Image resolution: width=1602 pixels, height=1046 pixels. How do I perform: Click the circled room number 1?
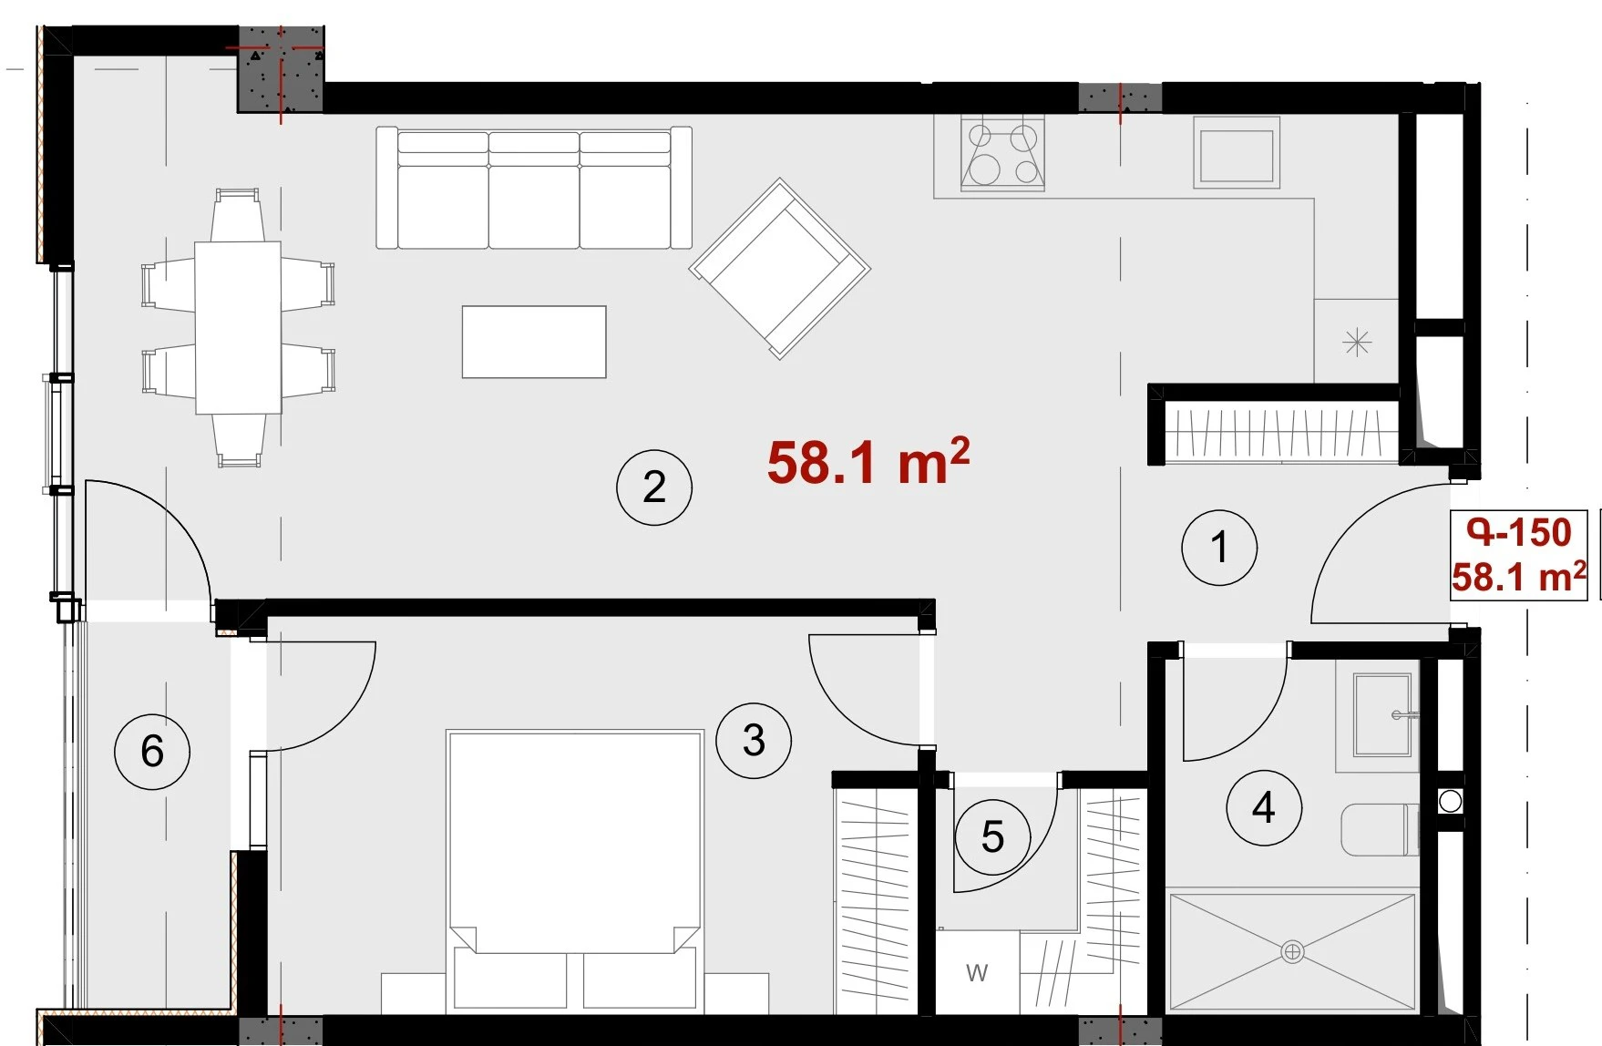point(1219,548)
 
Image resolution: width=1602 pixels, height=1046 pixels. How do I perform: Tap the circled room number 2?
point(654,487)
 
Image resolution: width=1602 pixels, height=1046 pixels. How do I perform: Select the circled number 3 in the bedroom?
point(754,740)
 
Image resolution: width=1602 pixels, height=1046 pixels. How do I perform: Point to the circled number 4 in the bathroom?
point(1264,807)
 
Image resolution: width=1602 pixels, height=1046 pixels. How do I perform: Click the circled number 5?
point(992,836)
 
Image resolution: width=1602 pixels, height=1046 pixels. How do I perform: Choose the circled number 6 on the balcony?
point(152,751)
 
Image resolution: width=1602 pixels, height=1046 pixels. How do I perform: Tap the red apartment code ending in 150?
point(1519,532)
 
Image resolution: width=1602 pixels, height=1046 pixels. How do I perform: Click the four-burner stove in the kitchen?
point(1002,154)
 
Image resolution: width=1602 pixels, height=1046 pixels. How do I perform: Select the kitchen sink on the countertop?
point(1237,154)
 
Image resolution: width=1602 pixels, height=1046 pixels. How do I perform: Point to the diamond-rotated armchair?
point(780,269)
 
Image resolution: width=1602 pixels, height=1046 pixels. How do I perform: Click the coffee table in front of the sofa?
point(534,342)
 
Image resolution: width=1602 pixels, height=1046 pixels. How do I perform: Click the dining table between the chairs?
point(238,327)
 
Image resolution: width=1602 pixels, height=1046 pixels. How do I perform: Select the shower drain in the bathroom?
point(1292,952)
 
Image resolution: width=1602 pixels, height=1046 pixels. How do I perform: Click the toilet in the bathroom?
point(1380,829)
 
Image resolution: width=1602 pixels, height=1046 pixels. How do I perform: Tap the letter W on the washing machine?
point(977,973)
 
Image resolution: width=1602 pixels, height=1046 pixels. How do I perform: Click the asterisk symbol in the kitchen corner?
point(1357,342)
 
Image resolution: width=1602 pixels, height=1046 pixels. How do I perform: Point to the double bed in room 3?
point(574,870)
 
